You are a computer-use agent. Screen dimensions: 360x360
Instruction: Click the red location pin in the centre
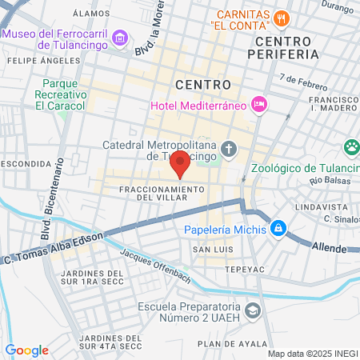[x=180, y=163]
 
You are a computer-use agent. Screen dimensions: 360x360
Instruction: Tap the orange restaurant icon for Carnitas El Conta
[x=280, y=18]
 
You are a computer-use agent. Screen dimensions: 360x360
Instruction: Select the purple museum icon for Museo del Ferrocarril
[x=120, y=38]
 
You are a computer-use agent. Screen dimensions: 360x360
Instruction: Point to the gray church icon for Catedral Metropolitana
[x=229, y=149]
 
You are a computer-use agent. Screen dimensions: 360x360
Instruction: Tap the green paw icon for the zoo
[x=350, y=146]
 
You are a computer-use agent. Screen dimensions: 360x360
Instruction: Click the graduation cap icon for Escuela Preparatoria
[x=253, y=310]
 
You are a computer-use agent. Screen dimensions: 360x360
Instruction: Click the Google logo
[x=27, y=350]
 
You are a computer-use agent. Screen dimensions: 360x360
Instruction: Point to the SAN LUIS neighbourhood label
[x=210, y=250]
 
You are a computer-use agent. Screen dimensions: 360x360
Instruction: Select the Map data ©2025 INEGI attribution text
[x=312, y=353]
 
